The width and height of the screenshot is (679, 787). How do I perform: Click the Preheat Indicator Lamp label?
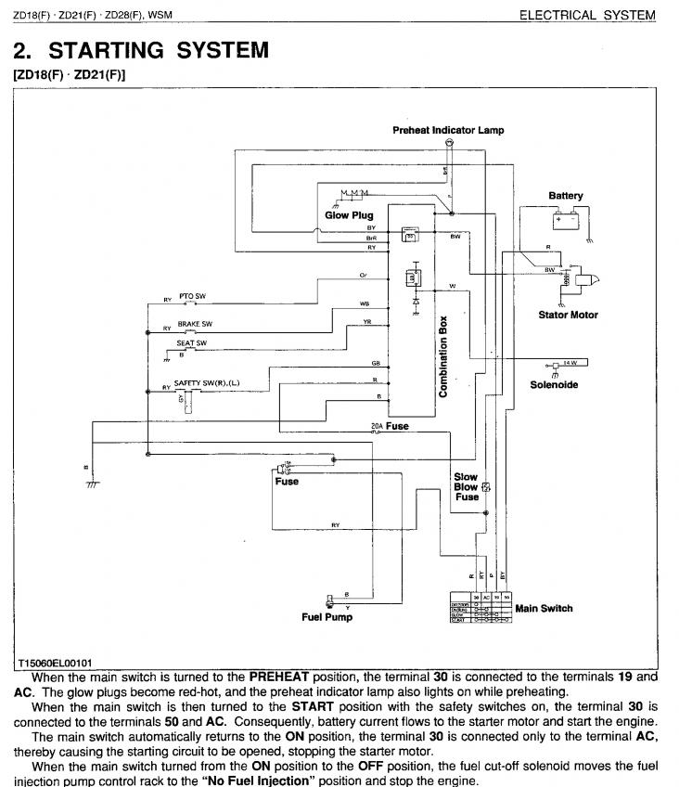pyautogui.click(x=448, y=131)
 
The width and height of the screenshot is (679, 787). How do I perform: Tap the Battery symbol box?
pyautogui.click(x=566, y=220)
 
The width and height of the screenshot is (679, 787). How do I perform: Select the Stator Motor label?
pyautogui.click(x=568, y=315)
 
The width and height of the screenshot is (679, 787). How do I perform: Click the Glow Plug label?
pyautogui.click(x=349, y=215)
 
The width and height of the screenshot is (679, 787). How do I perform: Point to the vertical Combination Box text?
pyautogui.click(x=443, y=357)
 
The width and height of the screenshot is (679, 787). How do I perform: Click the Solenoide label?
pyautogui.click(x=554, y=385)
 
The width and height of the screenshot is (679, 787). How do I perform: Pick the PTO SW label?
pyautogui.click(x=192, y=296)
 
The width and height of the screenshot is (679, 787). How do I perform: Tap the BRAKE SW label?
pyautogui.click(x=195, y=324)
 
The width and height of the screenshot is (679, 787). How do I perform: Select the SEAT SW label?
pyautogui.click(x=191, y=343)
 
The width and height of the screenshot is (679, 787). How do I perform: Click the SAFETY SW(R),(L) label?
pyautogui.click(x=207, y=382)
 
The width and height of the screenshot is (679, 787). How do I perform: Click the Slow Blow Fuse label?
pyautogui.click(x=466, y=486)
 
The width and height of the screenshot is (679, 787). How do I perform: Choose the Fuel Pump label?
pyautogui.click(x=327, y=617)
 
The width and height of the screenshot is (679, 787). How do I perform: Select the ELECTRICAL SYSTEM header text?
pyautogui.click(x=586, y=15)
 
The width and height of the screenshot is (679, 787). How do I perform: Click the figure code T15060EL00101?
pyautogui.click(x=55, y=664)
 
